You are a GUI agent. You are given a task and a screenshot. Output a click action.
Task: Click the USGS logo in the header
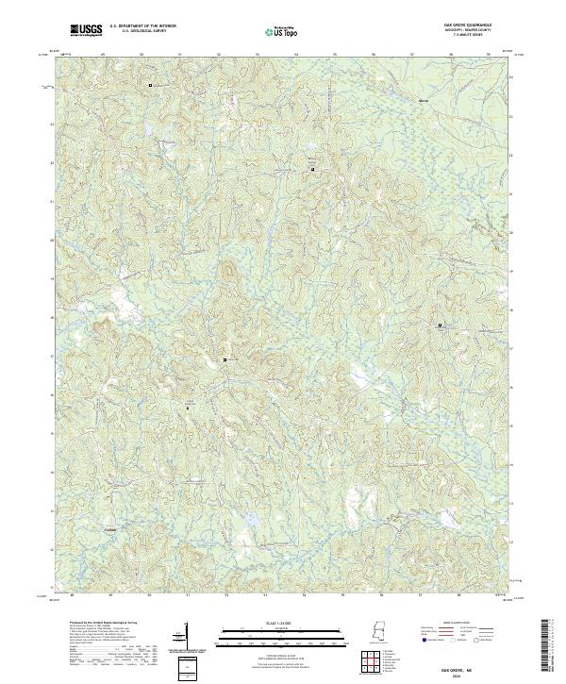87,31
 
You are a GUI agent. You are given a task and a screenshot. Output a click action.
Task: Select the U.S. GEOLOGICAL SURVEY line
142,32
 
